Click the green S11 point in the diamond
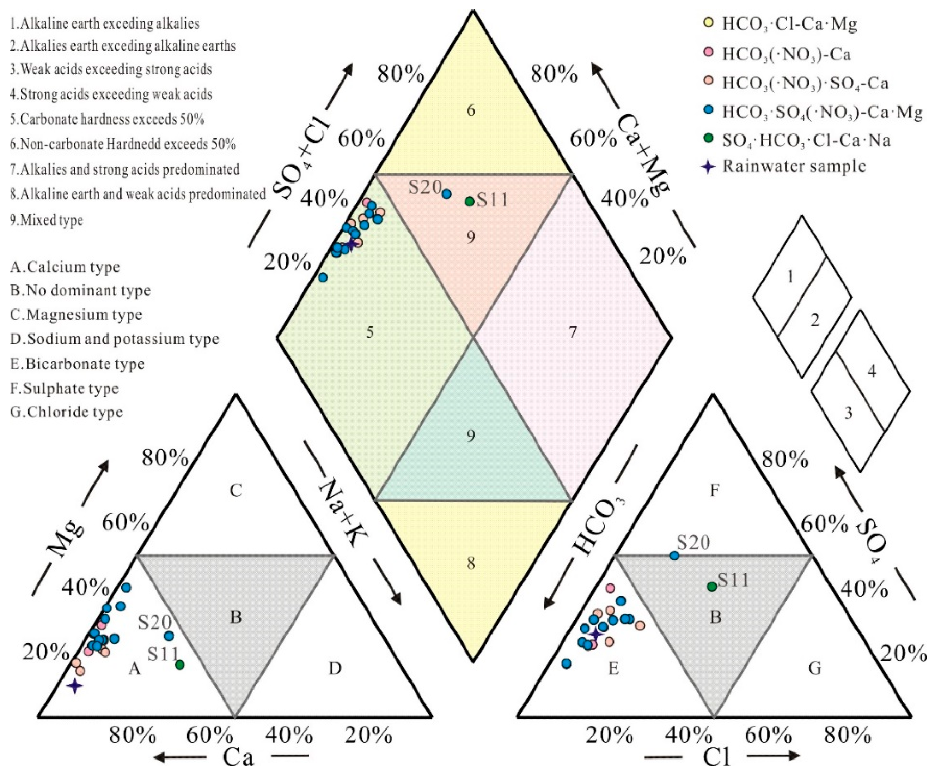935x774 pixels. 469,201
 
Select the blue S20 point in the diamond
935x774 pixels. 447,194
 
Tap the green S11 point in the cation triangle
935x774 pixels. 180,664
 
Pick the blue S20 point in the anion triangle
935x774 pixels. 674,556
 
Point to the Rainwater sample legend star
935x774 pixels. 708,167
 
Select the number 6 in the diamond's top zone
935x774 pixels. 471,110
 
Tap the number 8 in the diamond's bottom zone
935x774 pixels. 471,563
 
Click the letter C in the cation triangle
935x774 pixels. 236,491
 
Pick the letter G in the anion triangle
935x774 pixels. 814,668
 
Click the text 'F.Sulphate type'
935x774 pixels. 65,389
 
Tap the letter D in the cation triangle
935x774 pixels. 335,668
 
